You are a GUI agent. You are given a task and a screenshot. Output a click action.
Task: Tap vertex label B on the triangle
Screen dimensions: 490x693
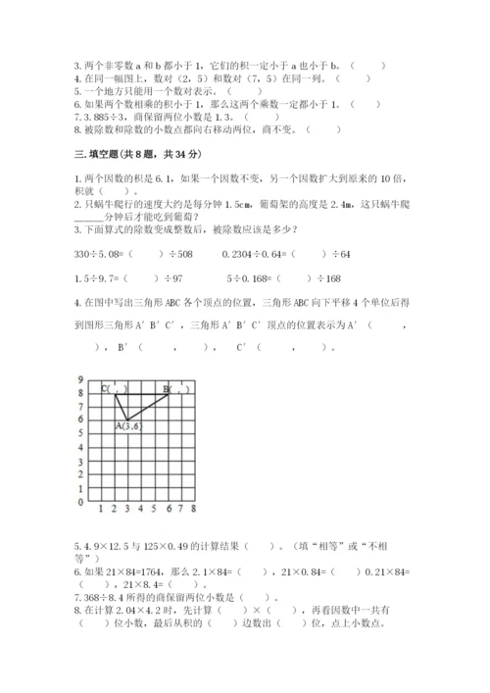click(167, 390)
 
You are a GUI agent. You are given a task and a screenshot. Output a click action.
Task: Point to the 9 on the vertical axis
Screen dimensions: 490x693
click(81, 379)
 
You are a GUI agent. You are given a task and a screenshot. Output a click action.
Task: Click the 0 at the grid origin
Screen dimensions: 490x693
click(81, 501)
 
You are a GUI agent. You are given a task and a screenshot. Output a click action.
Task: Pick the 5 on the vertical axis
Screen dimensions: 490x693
click(81, 433)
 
